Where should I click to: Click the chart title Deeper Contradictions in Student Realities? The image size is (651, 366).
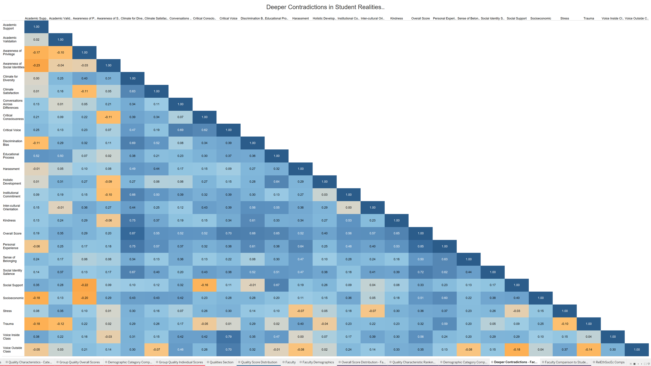point(325,7)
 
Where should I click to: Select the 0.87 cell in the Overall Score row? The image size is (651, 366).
point(132,233)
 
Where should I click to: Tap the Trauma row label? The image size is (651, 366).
point(8,324)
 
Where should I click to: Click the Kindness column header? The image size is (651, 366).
point(396,18)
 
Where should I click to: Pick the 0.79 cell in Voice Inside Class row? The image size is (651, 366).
point(228,337)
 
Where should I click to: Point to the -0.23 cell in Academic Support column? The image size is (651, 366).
point(36,65)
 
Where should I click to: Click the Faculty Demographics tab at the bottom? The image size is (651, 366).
point(318,362)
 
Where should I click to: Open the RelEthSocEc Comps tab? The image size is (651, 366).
point(610,362)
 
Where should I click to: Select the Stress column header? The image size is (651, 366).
point(565,18)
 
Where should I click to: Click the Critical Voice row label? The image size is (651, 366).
point(12,130)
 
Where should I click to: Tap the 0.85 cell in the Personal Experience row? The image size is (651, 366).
point(421,246)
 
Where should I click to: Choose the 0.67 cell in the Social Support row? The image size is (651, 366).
point(277,285)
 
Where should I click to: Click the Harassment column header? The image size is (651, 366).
point(301,18)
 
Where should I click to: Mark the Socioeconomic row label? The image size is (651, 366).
point(13,298)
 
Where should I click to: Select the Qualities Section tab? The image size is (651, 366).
point(221,362)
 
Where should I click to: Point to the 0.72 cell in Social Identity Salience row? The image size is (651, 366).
point(421,272)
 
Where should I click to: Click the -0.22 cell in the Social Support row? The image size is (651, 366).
point(84,285)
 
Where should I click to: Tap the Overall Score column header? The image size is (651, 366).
point(420,18)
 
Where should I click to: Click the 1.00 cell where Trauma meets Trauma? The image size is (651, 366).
point(589,324)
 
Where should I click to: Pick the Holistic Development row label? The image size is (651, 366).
point(12,182)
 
